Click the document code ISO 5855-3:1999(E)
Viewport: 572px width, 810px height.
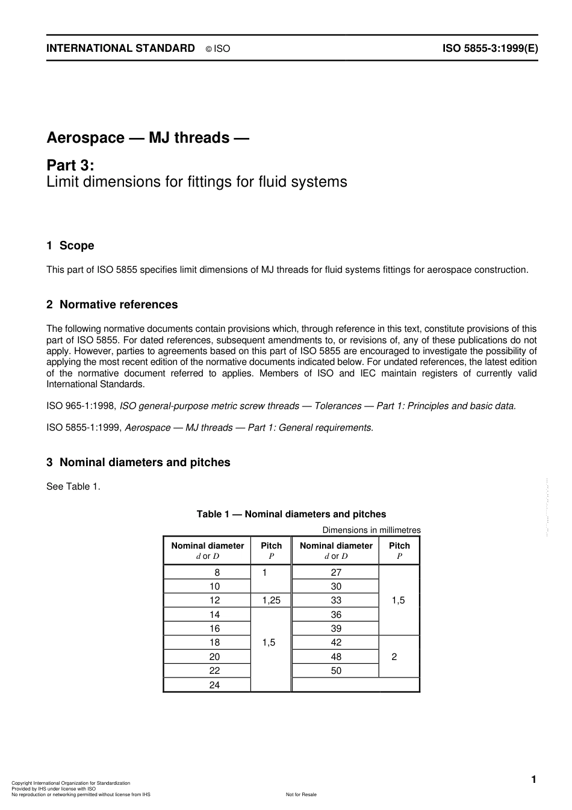(x=490, y=49)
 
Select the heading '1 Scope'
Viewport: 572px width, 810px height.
(x=70, y=246)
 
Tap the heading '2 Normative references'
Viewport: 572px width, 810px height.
(x=112, y=305)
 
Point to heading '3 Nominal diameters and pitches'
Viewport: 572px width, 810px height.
(x=138, y=463)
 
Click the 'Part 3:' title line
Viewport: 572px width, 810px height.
(x=70, y=165)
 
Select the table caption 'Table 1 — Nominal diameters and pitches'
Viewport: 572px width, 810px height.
(x=291, y=514)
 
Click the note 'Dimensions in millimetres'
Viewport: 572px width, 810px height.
(x=371, y=530)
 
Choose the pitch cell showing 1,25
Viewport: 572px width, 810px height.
(x=271, y=600)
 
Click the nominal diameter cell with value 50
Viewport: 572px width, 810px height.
(x=336, y=671)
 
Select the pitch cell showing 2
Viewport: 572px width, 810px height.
(x=394, y=657)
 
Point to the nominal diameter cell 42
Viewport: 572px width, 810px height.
(x=336, y=643)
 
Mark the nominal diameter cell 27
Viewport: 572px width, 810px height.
(x=336, y=573)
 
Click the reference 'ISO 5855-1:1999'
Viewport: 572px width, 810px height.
(x=84, y=428)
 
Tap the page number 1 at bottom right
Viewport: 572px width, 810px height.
(x=533, y=780)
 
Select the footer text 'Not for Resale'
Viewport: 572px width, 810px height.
(x=301, y=794)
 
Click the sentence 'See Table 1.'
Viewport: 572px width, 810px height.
(x=73, y=487)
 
